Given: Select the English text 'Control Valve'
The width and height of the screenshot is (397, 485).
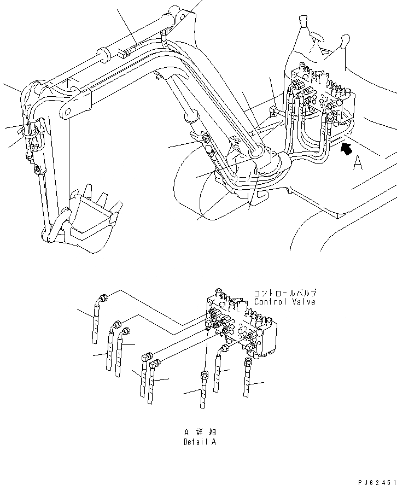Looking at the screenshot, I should pos(285,302).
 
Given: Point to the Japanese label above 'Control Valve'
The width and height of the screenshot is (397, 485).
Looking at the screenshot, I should pos(285,293).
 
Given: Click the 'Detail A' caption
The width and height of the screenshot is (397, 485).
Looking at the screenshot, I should pos(200,442).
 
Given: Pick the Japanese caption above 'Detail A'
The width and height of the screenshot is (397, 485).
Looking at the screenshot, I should pos(200,432).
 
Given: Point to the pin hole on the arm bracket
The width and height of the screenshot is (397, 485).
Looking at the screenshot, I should pos(67,113).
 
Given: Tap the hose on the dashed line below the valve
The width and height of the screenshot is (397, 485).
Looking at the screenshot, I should pos(203,391).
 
